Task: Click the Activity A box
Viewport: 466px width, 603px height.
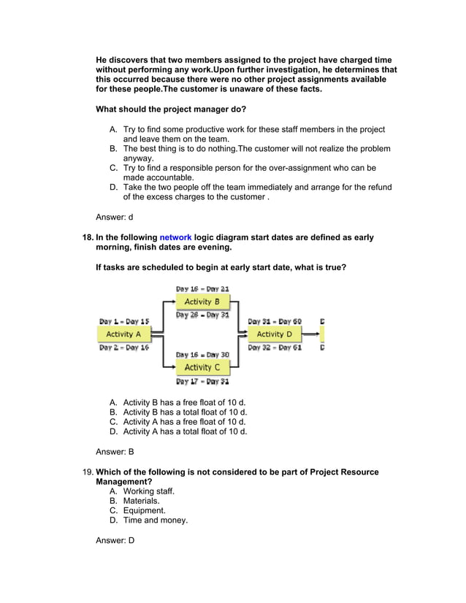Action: [123, 334]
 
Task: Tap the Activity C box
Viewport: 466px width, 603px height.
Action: [202, 367]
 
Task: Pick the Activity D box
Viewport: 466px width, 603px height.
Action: [274, 334]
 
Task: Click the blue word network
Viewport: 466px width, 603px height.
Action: [175, 237]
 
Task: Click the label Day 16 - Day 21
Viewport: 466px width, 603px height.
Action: [202, 289]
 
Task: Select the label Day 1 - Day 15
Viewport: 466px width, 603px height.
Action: [124, 321]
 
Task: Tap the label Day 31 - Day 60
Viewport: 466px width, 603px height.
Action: [275, 321]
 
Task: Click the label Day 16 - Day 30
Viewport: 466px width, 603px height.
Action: [202, 355]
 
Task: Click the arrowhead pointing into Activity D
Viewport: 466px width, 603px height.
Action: [244, 334]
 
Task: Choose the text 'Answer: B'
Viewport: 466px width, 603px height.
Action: [115, 452]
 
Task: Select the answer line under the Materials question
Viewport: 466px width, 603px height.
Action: [115, 541]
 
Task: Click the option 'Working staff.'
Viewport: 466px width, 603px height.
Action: [149, 491]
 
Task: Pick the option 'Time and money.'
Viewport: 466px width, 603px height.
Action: [155, 521]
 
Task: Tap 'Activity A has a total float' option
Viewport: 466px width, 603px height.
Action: [185, 431]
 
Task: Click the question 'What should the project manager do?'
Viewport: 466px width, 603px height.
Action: [171, 110]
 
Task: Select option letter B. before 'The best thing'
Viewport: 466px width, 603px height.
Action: [113, 149]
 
